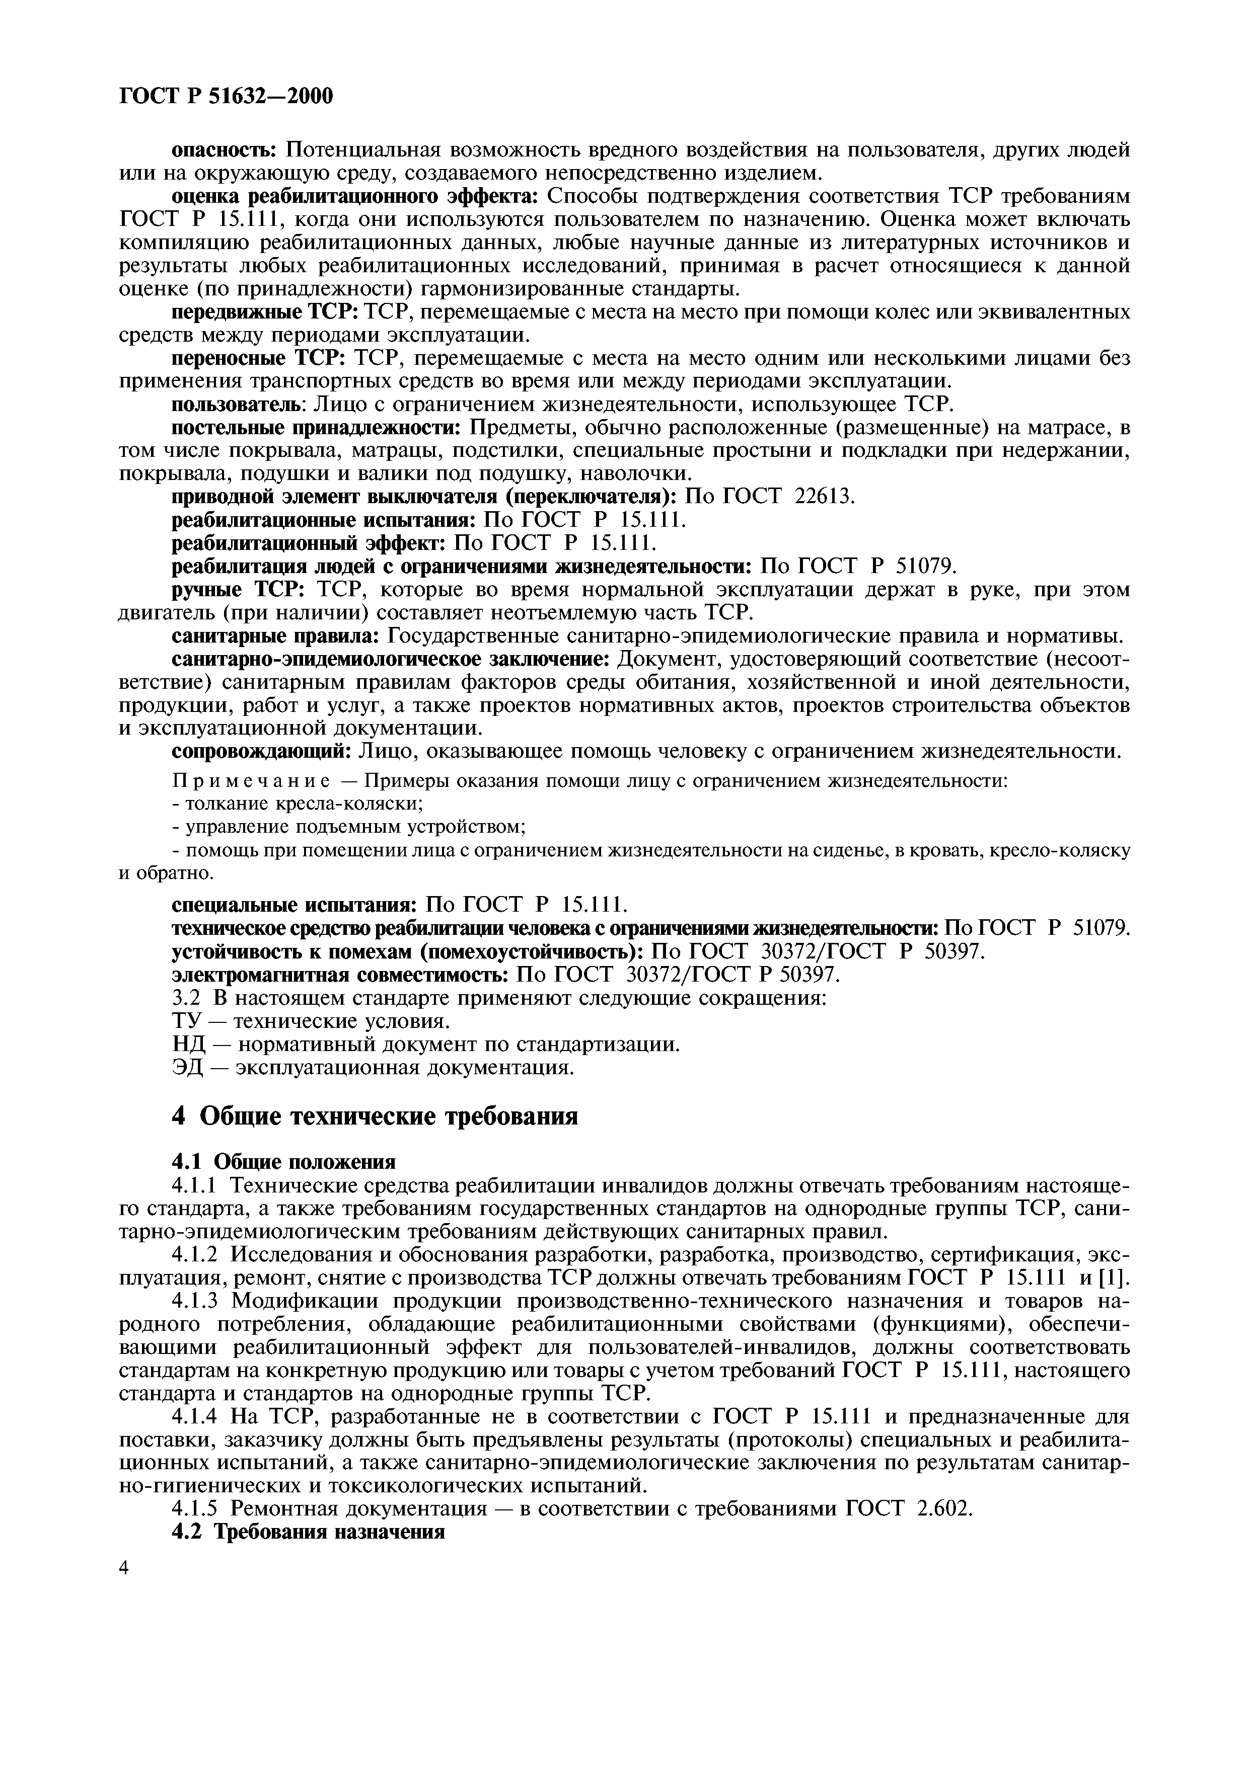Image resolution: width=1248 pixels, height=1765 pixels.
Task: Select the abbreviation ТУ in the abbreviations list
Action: [185, 1022]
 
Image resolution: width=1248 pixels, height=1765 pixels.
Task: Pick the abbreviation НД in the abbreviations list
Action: [186, 1045]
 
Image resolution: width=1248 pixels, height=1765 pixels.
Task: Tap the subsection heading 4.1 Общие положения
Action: [283, 1161]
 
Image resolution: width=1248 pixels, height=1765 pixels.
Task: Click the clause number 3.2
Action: [185, 999]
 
